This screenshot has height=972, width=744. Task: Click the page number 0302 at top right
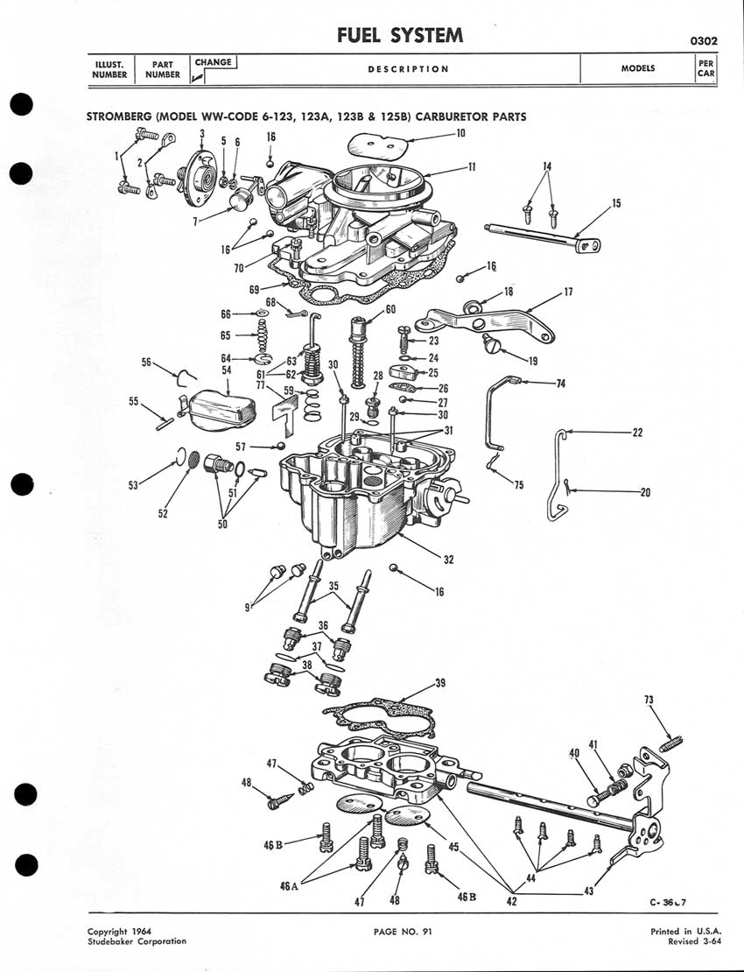(x=704, y=41)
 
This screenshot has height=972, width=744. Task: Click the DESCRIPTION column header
(x=408, y=69)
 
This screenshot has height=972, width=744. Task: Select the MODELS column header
(x=638, y=68)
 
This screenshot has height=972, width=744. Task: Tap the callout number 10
(x=460, y=133)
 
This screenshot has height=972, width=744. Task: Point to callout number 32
(x=448, y=560)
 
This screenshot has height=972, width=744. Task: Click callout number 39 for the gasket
(x=439, y=683)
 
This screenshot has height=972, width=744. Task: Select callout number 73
(x=649, y=700)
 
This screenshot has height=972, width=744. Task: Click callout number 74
(x=561, y=384)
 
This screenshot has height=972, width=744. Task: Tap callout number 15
(x=615, y=203)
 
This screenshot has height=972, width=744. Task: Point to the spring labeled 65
(x=263, y=335)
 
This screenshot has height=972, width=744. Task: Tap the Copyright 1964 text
(x=119, y=931)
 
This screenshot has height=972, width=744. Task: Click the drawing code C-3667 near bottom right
(x=668, y=903)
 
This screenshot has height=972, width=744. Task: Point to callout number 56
(x=146, y=362)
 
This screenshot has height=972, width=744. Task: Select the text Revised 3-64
(x=694, y=941)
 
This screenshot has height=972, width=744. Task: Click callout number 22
(x=637, y=433)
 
